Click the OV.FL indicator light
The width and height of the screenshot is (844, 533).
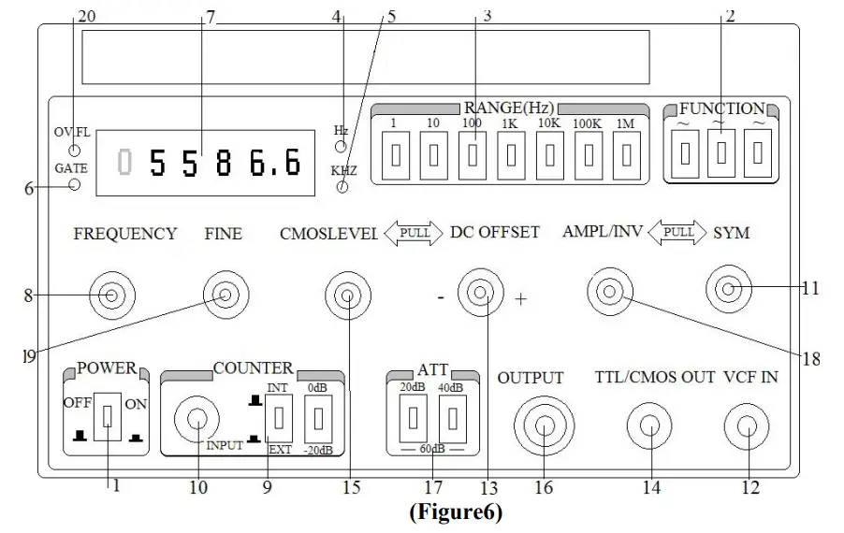click(x=75, y=151)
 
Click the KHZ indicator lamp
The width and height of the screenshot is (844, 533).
click(x=342, y=187)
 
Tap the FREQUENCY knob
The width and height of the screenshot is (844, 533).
click(x=111, y=296)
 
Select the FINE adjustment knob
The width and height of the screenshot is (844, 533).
click(x=226, y=296)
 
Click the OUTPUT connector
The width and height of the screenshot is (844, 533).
click(x=543, y=426)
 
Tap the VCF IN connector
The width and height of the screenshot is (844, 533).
click(x=746, y=426)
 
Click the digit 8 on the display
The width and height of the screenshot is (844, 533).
click(x=224, y=165)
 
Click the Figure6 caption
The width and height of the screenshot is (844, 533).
click(x=455, y=513)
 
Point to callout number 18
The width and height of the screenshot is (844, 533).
click(x=812, y=358)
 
